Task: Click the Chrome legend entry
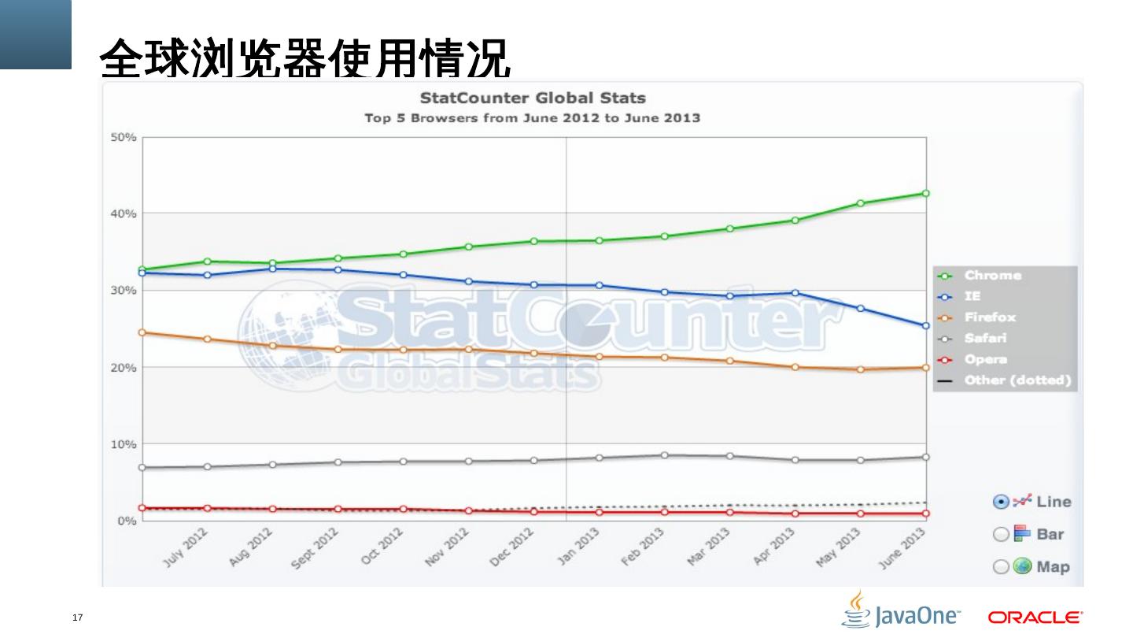click(992, 276)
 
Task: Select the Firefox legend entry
click(990, 317)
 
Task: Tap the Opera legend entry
click(985, 360)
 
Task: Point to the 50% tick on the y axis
click(123, 137)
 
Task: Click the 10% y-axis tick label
click(123, 444)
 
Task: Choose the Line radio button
click(1002, 502)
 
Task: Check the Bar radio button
click(1001, 534)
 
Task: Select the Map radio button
click(1001, 567)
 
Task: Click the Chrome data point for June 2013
click(926, 193)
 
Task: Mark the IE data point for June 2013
click(926, 325)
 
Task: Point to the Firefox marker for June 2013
click(926, 368)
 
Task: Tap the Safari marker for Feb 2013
click(665, 455)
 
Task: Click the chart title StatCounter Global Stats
click(532, 98)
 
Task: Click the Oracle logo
click(1035, 617)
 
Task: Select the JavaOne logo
click(901, 610)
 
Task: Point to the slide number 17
click(77, 617)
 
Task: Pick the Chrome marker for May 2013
click(861, 203)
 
